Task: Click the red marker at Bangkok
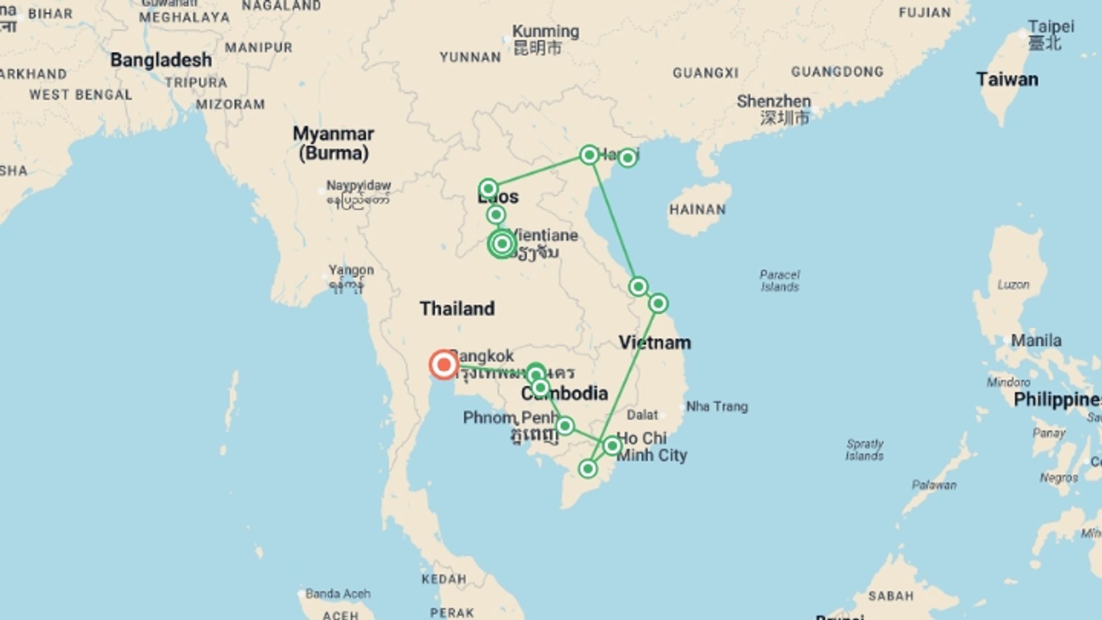pyautogui.click(x=444, y=365)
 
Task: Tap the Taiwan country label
pyautogui.click(x=1007, y=79)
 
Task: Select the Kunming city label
pyautogui.click(x=545, y=32)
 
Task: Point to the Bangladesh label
pyautogui.click(x=161, y=60)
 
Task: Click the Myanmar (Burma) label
pyautogui.click(x=333, y=143)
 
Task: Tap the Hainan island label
pyautogui.click(x=697, y=210)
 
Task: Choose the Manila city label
pyautogui.click(x=1035, y=340)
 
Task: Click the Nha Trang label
pyautogui.click(x=717, y=406)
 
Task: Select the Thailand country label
pyautogui.click(x=457, y=308)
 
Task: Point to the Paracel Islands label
pyautogui.click(x=779, y=281)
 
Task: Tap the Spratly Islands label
pyautogui.click(x=864, y=449)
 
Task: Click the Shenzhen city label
pyautogui.click(x=774, y=102)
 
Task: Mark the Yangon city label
pyautogui.click(x=351, y=270)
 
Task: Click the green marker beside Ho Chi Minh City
pyautogui.click(x=612, y=445)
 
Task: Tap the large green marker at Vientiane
pyautogui.click(x=502, y=244)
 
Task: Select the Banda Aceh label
pyautogui.click(x=337, y=594)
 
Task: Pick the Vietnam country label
pyautogui.click(x=655, y=343)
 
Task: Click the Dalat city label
pyautogui.click(x=642, y=414)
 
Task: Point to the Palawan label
pyautogui.click(x=934, y=485)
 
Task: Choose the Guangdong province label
pyautogui.click(x=837, y=72)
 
